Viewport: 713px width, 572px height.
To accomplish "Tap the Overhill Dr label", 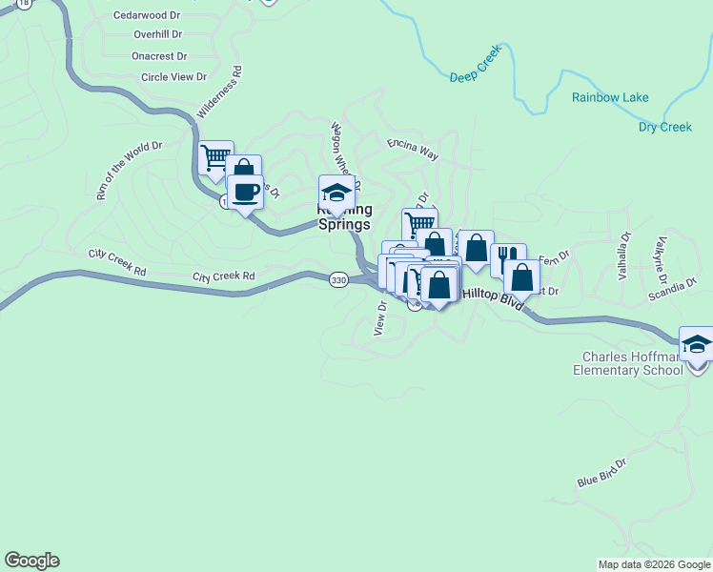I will tap(157, 35).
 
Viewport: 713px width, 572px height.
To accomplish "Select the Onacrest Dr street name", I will tap(160, 56).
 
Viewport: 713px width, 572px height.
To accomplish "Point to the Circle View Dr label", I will tap(173, 77).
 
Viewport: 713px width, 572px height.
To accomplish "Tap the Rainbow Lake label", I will tap(610, 97).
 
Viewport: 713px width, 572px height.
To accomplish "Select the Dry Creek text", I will tap(664, 127).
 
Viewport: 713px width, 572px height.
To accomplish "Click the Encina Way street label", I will tap(413, 147).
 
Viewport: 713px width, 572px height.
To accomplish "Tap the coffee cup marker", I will tap(246, 193).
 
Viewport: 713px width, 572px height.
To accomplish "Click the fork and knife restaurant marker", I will tap(508, 256).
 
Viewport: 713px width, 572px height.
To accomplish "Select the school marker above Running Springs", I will tap(336, 193).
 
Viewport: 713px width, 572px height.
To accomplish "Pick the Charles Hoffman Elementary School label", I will tap(628, 364).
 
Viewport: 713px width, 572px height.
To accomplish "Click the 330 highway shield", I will tap(338, 280).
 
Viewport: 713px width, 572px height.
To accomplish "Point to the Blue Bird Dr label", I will tap(601, 474).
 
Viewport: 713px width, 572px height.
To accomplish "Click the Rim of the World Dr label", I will tap(130, 171).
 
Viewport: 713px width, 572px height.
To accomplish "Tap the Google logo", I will tap(31, 561).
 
